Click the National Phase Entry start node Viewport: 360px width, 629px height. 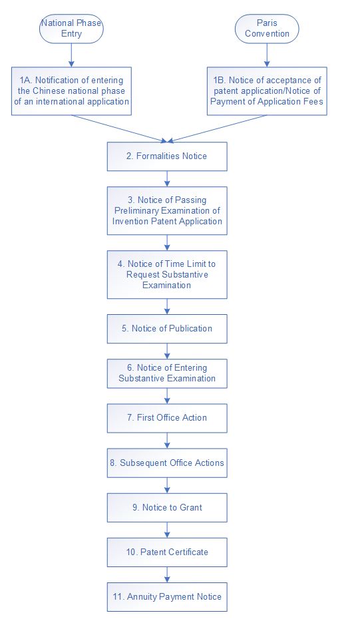(x=71, y=29)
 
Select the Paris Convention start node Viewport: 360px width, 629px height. (x=267, y=29)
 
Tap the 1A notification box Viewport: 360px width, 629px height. (x=71, y=91)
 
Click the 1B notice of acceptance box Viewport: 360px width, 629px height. (x=267, y=91)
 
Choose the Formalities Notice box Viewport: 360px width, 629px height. (x=167, y=156)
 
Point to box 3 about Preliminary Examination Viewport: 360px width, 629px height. (x=167, y=210)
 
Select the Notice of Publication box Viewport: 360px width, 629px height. (x=167, y=329)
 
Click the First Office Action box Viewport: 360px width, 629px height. (x=167, y=418)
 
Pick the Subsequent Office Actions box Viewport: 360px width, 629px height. (x=167, y=463)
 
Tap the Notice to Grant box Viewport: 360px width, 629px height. (x=167, y=507)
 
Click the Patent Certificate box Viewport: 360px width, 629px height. (x=167, y=552)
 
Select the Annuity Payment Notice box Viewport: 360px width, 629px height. (x=167, y=597)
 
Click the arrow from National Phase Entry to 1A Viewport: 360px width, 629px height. (x=71, y=55)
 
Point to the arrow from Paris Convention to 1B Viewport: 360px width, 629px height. (x=267, y=55)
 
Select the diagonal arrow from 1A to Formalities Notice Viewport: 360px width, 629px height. (x=119, y=128)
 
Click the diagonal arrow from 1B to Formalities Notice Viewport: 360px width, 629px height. (x=217, y=128)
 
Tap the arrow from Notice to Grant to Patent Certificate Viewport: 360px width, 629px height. (x=167, y=530)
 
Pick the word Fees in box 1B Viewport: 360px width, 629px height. (x=313, y=101)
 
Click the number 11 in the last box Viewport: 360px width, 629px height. (x=118, y=597)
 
